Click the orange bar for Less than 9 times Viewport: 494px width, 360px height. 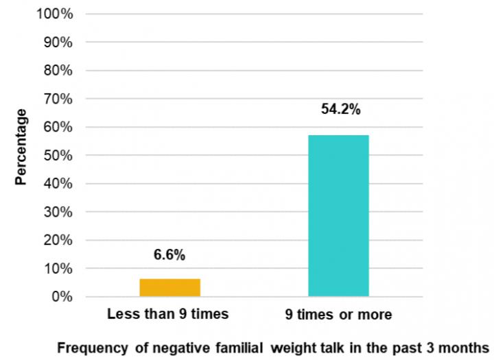tap(169, 287)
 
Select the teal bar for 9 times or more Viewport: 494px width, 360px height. tap(338, 215)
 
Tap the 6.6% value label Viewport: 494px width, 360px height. tap(169, 255)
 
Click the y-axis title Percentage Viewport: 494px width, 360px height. tap(21, 147)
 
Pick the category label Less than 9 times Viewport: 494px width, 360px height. tap(167, 315)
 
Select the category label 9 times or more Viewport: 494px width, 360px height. tap(339, 315)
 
